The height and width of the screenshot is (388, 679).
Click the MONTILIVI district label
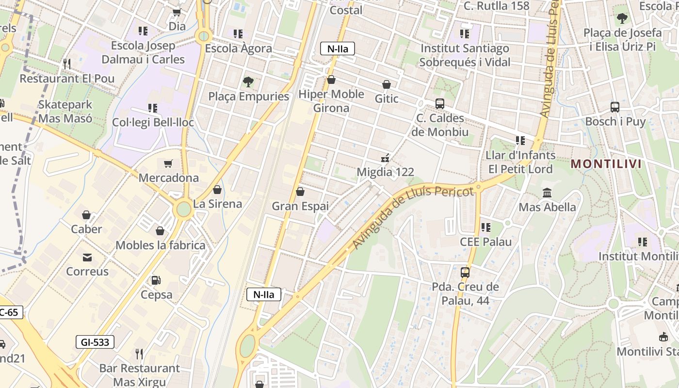click(606, 164)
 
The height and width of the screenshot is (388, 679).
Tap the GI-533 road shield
click(95, 342)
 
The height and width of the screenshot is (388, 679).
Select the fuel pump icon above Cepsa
click(156, 280)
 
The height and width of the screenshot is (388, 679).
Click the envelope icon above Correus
click(87, 257)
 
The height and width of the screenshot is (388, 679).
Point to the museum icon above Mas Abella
click(548, 193)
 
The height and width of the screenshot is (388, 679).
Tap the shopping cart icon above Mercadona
click(168, 164)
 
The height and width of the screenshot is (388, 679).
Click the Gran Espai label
click(300, 206)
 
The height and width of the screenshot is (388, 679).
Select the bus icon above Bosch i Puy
click(615, 107)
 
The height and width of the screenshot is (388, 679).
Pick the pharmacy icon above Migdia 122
click(386, 158)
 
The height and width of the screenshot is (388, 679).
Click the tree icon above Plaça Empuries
click(248, 81)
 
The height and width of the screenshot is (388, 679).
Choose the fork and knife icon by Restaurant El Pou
click(67, 64)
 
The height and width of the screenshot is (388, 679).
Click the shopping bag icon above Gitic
click(387, 85)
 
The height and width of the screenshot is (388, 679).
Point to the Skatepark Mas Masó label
click(65, 111)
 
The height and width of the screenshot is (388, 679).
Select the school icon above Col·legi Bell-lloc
click(153, 108)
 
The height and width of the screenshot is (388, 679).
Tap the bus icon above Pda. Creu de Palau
click(465, 273)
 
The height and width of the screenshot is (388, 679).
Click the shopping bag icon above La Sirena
click(217, 190)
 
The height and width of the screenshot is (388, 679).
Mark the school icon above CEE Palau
click(485, 227)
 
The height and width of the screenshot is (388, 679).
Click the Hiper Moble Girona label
click(331, 101)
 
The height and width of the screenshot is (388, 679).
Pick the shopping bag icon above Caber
click(86, 215)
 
